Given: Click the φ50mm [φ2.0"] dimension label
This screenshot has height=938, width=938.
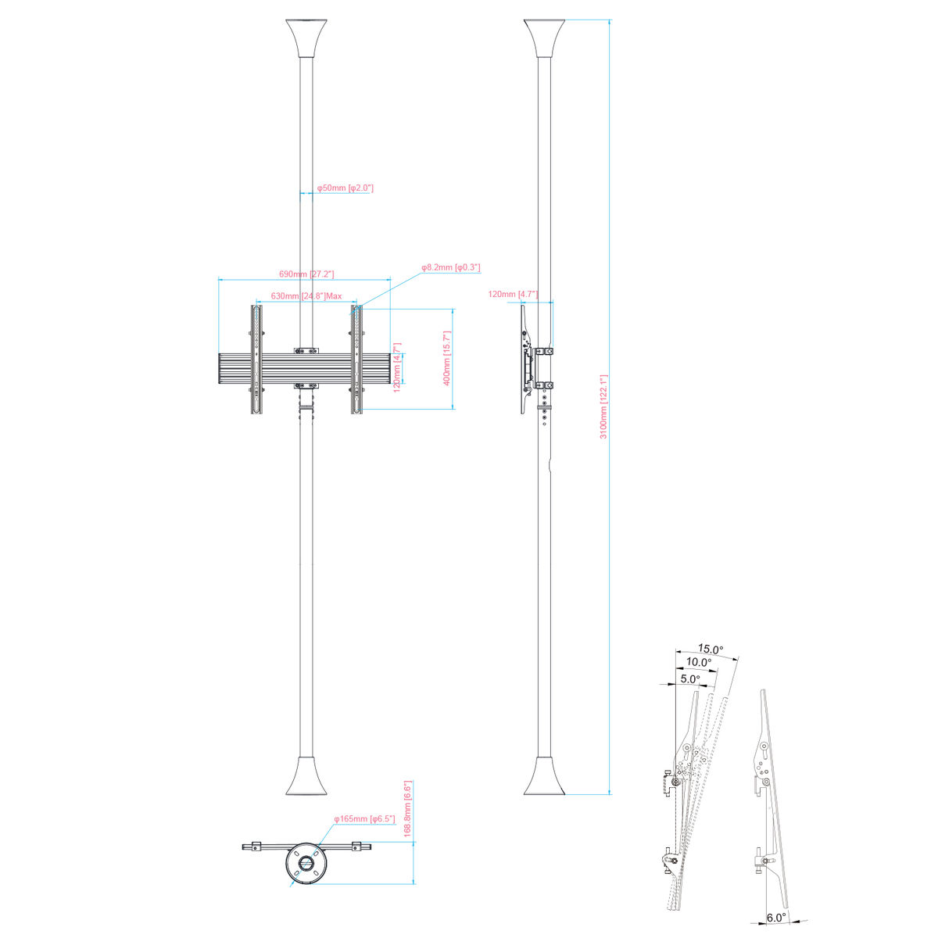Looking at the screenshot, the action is pos(345,188).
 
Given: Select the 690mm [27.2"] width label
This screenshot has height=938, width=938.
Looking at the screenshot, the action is pos(306,274).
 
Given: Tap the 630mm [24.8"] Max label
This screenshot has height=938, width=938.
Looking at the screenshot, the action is pos(306,296).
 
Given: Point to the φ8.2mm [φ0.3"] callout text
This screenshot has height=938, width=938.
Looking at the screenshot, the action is pos(451,267).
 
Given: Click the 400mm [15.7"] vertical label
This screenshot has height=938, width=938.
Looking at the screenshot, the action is pos(447,358).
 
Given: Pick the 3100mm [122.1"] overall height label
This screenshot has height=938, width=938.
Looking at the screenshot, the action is pos(603,407).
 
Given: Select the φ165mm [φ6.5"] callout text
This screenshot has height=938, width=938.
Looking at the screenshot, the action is pos(364,818).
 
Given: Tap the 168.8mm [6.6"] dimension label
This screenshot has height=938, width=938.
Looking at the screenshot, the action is pos(408,809).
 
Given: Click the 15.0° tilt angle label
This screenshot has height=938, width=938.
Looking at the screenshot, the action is pos(711,649).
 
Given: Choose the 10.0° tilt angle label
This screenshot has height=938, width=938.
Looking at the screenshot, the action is pos(699,662).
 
